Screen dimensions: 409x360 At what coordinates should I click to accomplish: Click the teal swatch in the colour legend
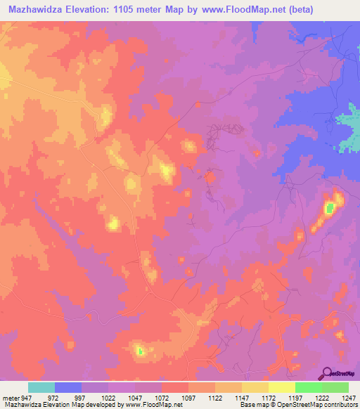(41, 387)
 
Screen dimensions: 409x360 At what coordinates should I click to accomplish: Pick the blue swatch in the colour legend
(68, 387)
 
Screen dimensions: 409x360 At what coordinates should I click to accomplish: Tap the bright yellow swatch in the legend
(281, 387)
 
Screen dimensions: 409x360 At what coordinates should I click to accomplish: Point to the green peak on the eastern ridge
(328, 207)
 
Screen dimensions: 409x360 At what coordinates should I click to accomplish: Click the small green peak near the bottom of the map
(139, 350)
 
